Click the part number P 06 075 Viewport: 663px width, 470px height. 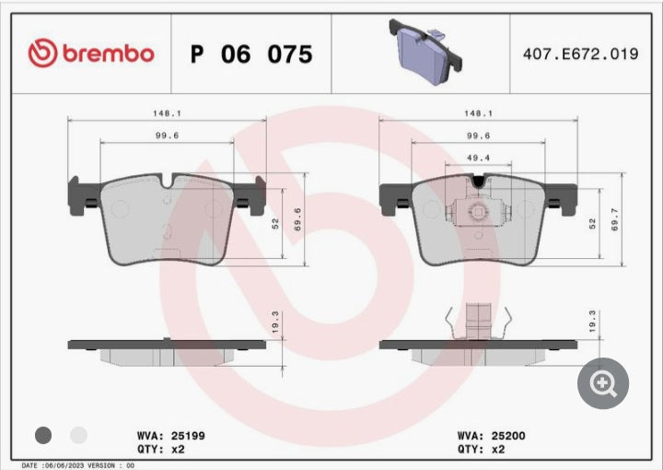pos(251,54)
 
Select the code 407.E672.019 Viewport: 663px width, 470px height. pos(580,53)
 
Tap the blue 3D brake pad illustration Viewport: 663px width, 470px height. pos(425,52)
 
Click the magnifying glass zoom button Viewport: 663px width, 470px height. pos(603,383)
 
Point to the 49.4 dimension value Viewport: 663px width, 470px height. pos(478,158)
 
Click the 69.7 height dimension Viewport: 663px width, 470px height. pos(615,219)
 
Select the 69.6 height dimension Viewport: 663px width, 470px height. pos(297,219)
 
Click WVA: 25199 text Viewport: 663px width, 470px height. pos(171,436)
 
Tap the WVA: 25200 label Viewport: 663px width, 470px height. pos(492,436)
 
